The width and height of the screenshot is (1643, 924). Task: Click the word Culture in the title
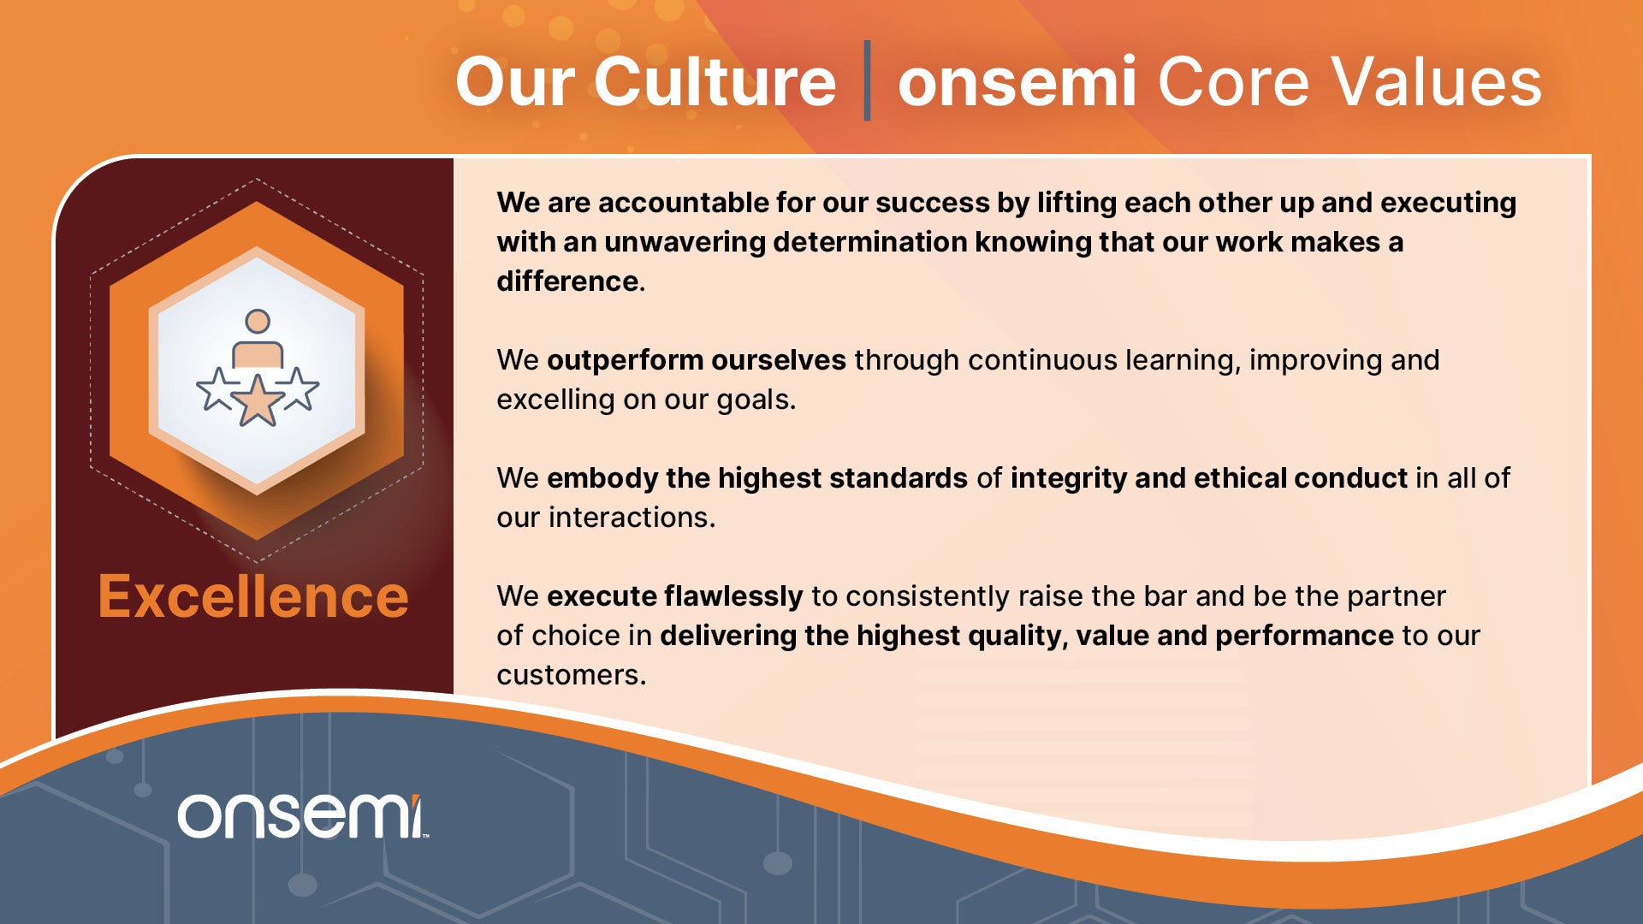click(x=715, y=81)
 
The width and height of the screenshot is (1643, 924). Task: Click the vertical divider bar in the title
click(x=867, y=80)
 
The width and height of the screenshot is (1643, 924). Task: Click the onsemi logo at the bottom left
click(x=301, y=816)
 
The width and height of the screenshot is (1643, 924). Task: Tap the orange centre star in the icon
click(x=257, y=400)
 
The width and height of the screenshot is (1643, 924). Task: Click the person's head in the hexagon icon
click(x=258, y=322)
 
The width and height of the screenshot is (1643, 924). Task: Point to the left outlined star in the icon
click(x=217, y=389)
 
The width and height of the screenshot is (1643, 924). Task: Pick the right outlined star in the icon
click(x=297, y=389)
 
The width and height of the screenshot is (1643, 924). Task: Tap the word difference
click(x=567, y=281)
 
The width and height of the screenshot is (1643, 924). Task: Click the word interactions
click(x=632, y=518)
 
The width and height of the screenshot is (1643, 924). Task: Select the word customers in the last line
click(x=572, y=675)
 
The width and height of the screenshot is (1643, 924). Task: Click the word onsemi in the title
click(x=1017, y=81)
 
